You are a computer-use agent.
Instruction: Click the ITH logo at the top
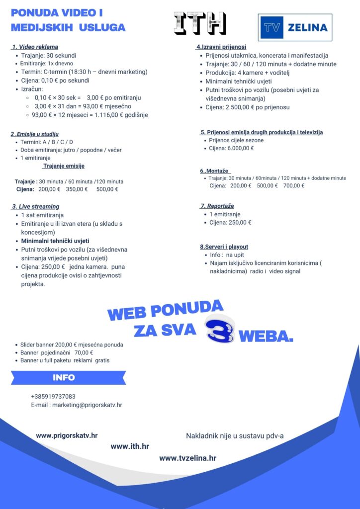point(200,23)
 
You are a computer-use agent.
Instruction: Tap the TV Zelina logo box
point(295,27)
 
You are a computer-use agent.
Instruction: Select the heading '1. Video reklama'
point(35,47)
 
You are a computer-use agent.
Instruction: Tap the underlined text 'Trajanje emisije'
point(64,166)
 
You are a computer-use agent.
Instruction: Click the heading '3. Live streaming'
point(35,206)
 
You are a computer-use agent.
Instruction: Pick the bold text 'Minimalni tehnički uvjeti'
point(55,241)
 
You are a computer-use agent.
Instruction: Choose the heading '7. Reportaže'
point(217,206)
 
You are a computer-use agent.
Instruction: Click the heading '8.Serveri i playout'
point(224,247)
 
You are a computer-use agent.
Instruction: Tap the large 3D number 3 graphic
point(219,330)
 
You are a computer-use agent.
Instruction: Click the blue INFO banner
point(68,378)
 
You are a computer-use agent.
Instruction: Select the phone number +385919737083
point(53,396)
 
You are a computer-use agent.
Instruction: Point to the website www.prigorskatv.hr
point(67,435)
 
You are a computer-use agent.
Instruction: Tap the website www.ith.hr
point(130,446)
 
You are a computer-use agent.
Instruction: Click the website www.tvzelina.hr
point(187,458)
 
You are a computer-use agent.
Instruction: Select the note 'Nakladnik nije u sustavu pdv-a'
point(235,436)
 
